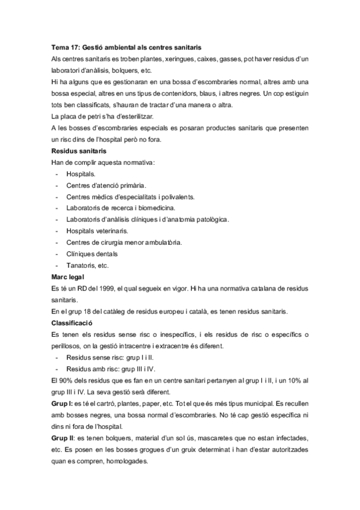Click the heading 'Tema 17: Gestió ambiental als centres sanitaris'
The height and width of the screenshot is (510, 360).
pyautogui.click(x=126, y=47)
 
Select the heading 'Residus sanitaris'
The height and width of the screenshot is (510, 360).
pyautogui.click(x=79, y=151)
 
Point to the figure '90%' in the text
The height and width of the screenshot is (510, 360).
pyautogui.click(x=69, y=380)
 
